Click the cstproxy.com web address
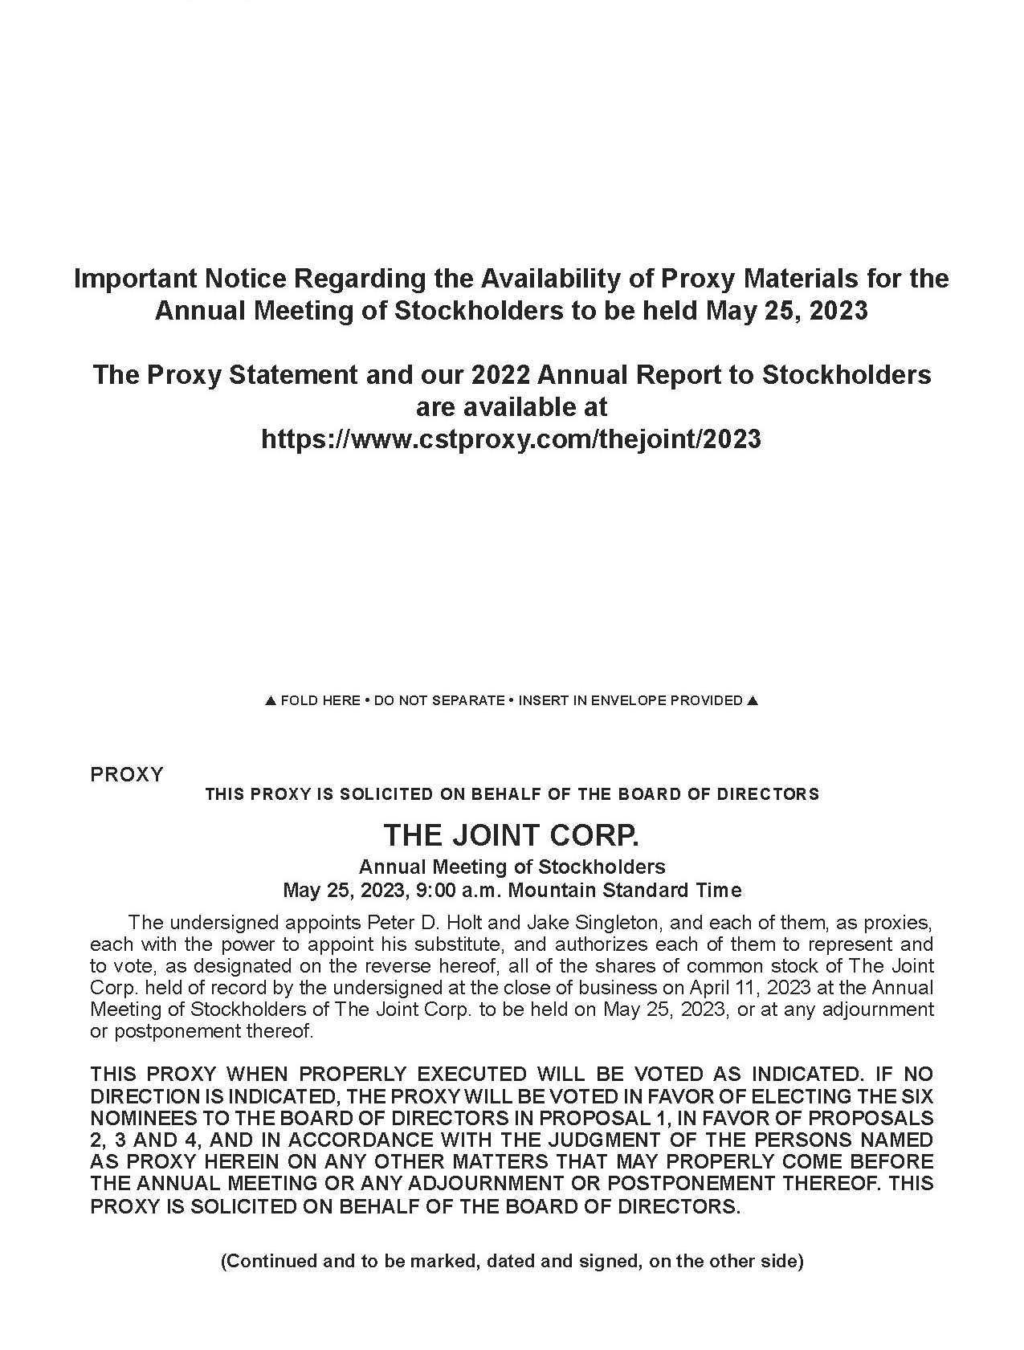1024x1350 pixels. pyautogui.click(x=511, y=438)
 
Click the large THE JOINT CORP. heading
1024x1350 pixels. pyautogui.click(x=511, y=835)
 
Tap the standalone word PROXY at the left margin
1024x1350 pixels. pyautogui.click(x=127, y=774)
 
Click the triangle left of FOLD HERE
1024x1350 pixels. pyautogui.click(x=271, y=700)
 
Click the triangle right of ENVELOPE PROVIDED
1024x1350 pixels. pyautogui.click(x=753, y=700)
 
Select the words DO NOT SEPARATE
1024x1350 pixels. pyautogui.click(x=439, y=700)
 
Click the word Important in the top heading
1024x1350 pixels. pyautogui.click(x=134, y=278)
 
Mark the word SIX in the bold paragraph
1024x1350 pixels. pyautogui.click(x=916, y=1095)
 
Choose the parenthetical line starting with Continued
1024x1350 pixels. pyautogui.click(x=512, y=1260)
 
